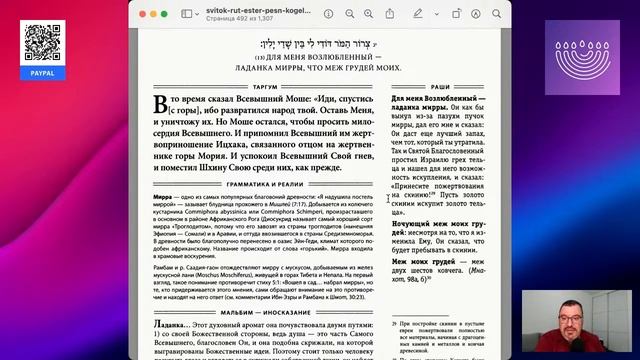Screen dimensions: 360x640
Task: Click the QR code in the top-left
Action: tap(36, 39)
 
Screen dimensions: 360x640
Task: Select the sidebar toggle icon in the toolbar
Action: tap(187, 15)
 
